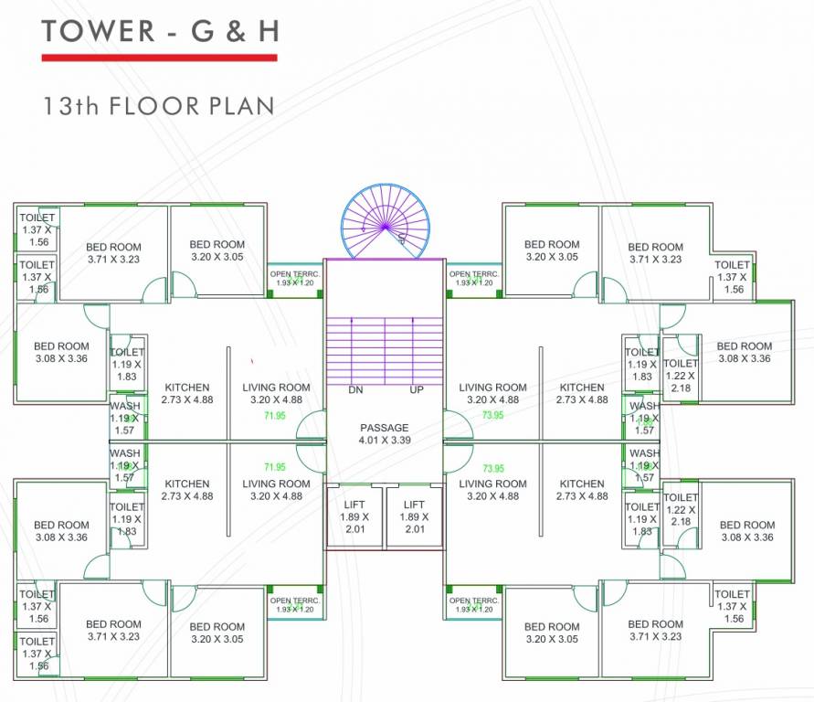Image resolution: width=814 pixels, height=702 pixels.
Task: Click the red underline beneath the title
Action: pos(159,57)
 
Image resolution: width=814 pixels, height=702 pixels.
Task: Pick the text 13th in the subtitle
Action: pos(70,105)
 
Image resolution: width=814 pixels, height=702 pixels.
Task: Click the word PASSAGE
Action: pos(385,428)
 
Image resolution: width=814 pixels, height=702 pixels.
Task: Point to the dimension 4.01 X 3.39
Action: pos(385,441)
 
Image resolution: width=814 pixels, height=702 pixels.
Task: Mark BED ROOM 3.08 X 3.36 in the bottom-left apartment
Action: pos(61,530)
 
